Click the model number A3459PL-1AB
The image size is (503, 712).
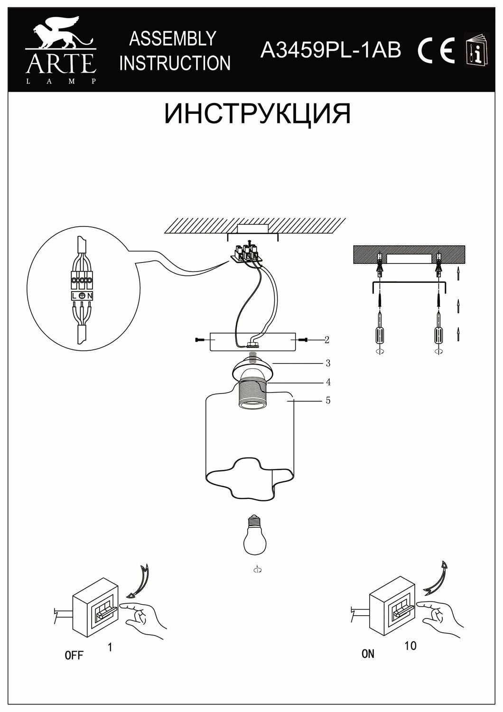click(x=331, y=50)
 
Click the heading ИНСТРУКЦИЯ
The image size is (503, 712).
click(x=257, y=114)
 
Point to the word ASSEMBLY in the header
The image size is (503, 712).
click(x=173, y=39)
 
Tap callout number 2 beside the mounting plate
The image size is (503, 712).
click(x=327, y=340)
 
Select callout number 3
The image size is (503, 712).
click(x=327, y=364)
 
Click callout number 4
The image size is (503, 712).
click(x=328, y=382)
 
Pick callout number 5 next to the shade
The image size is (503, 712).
click(x=328, y=401)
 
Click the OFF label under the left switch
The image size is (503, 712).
click(x=74, y=656)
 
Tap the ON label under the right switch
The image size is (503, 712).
click(x=368, y=654)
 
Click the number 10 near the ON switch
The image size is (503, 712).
click(x=410, y=646)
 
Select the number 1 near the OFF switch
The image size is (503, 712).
click(x=110, y=646)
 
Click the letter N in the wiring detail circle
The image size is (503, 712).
click(x=90, y=296)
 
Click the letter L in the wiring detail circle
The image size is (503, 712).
click(x=75, y=296)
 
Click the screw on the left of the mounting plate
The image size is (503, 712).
click(x=199, y=340)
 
